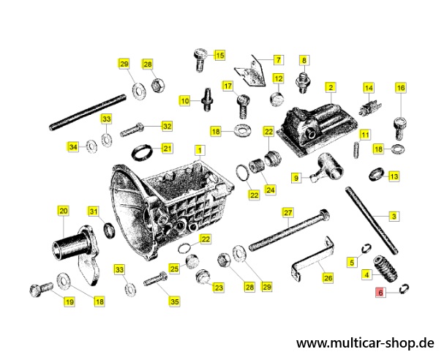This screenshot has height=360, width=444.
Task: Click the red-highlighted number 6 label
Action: [x=380, y=292]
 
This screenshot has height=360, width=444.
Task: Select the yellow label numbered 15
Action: [x=219, y=55]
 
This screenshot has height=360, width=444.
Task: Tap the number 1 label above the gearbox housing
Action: [x=200, y=150]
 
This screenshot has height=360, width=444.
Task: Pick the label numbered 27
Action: [x=287, y=213]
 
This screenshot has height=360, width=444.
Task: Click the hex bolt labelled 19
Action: [x=42, y=288]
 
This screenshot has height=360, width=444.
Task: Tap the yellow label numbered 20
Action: [x=63, y=211]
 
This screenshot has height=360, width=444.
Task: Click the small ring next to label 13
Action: [x=377, y=174]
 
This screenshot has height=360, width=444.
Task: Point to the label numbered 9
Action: [x=296, y=178]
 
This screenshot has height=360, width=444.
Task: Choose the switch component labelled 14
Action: [x=370, y=108]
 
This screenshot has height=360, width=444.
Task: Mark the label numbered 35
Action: [x=175, y=301]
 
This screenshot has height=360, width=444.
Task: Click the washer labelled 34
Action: [x=91, y=146]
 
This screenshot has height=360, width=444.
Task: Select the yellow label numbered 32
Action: [x=167, y=126]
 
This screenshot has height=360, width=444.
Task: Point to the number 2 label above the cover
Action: [x=331, y=87]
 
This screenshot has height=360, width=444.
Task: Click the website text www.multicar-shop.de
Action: [x=365, y=343]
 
